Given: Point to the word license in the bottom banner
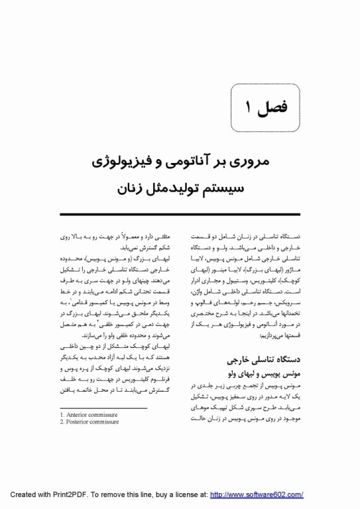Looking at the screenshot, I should click(x=188, y=494).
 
